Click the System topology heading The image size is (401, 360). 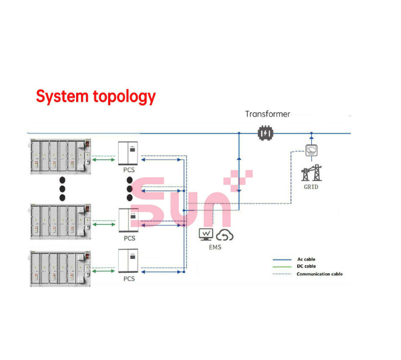(95, 96)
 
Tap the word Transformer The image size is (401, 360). (268, 114)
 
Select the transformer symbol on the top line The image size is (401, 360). (265, 133)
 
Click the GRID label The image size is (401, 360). (310, 186)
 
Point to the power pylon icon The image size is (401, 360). (310, 172)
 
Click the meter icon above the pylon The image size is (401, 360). (311, 150)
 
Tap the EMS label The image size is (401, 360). (215, 247)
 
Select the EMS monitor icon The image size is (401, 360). (206, 235)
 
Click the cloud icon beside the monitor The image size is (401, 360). (224, 235)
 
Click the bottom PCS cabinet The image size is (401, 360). (129, 261)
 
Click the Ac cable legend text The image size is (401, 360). (306, 259)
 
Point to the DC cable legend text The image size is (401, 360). (306, 266)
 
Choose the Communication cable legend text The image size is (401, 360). (319, 274)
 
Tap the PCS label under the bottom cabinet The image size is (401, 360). (130, 279)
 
